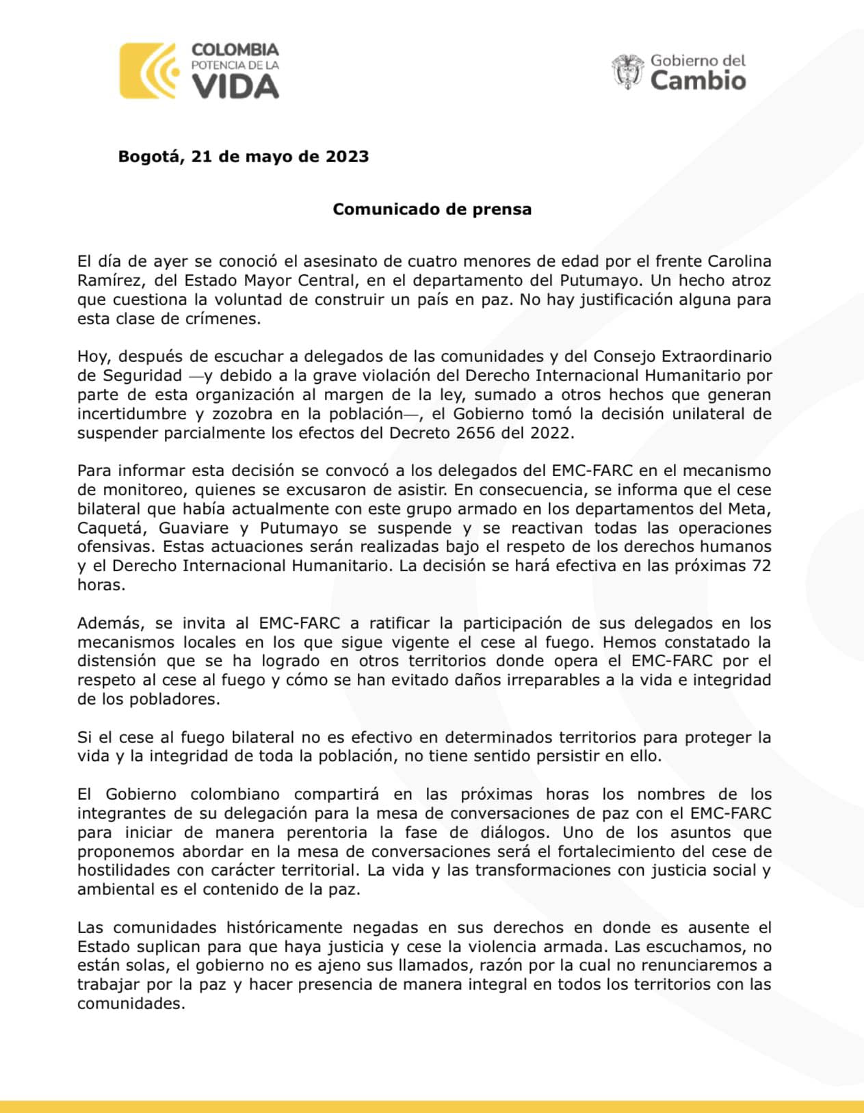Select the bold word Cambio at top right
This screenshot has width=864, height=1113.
(x=698, y=81)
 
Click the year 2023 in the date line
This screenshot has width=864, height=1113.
(x=347, y=157)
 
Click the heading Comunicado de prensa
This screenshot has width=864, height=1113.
(x=432, y=209)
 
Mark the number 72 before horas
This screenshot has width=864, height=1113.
(x=761, y=566)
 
